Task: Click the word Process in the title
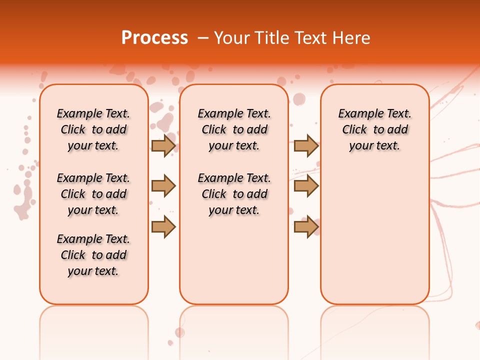point(154,38)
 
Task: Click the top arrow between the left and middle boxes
point(163,145)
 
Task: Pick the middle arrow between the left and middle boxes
point(163,186)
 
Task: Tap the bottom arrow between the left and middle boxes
point(163,227)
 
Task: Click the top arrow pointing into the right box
point(306,145)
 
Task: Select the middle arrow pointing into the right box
point(306,186)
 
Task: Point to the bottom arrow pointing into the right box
point(306,227)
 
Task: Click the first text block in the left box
point(93,129)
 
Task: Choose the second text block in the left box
point(93,194)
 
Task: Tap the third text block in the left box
point(93,255)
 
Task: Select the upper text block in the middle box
point(234,129)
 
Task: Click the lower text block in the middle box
point(234,194)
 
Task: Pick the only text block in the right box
point(374,129)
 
